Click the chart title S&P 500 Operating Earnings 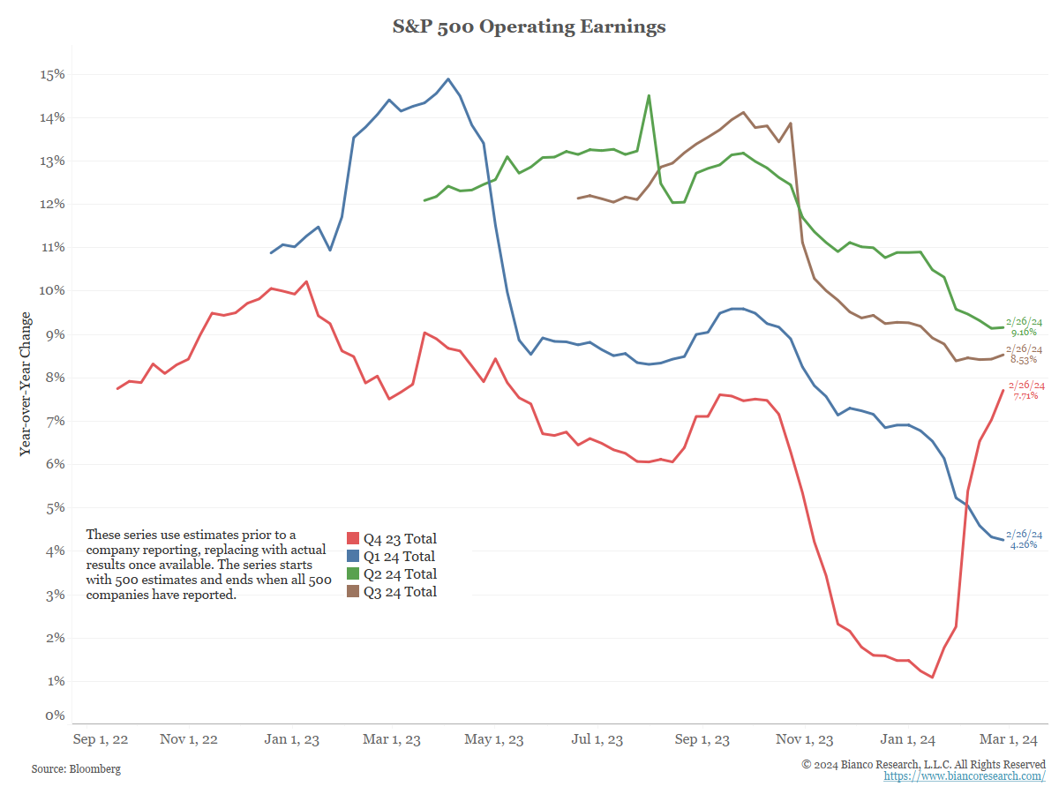click(x=529, y=26)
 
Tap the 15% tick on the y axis click(x=52, y=74)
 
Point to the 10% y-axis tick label click(x=52, y=291)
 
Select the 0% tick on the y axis click(x=55, y=715)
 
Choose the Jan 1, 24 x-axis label click(x=910, y=739)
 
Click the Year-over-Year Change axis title click(x=26, y=383)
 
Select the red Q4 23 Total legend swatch click(x=353, y=539)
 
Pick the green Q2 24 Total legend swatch click(x=353, y=574)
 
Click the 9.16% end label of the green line click(x=1023, y=333)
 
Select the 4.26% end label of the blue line click(x=1024, y=545)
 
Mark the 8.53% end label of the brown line click(x=1024, y=360)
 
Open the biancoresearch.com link click(x=965, y=776)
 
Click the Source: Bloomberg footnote click(x=76, y=769)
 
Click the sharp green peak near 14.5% click(x=649, y=95)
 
